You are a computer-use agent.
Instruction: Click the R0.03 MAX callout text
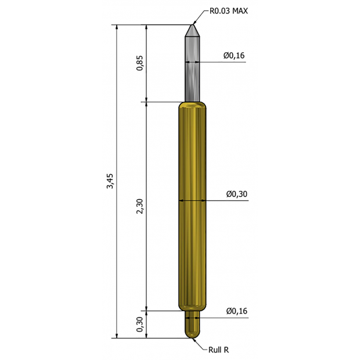229,11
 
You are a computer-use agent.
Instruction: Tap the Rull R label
218,350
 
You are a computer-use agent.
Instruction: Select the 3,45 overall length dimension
110,181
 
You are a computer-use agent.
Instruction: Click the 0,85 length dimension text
139,63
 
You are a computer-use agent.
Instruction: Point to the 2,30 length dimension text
139,206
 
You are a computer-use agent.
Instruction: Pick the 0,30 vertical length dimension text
139,324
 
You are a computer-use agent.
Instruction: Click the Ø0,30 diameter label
237,194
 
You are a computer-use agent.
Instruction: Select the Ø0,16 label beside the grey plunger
234,55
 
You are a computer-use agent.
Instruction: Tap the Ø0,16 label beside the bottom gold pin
237,311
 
